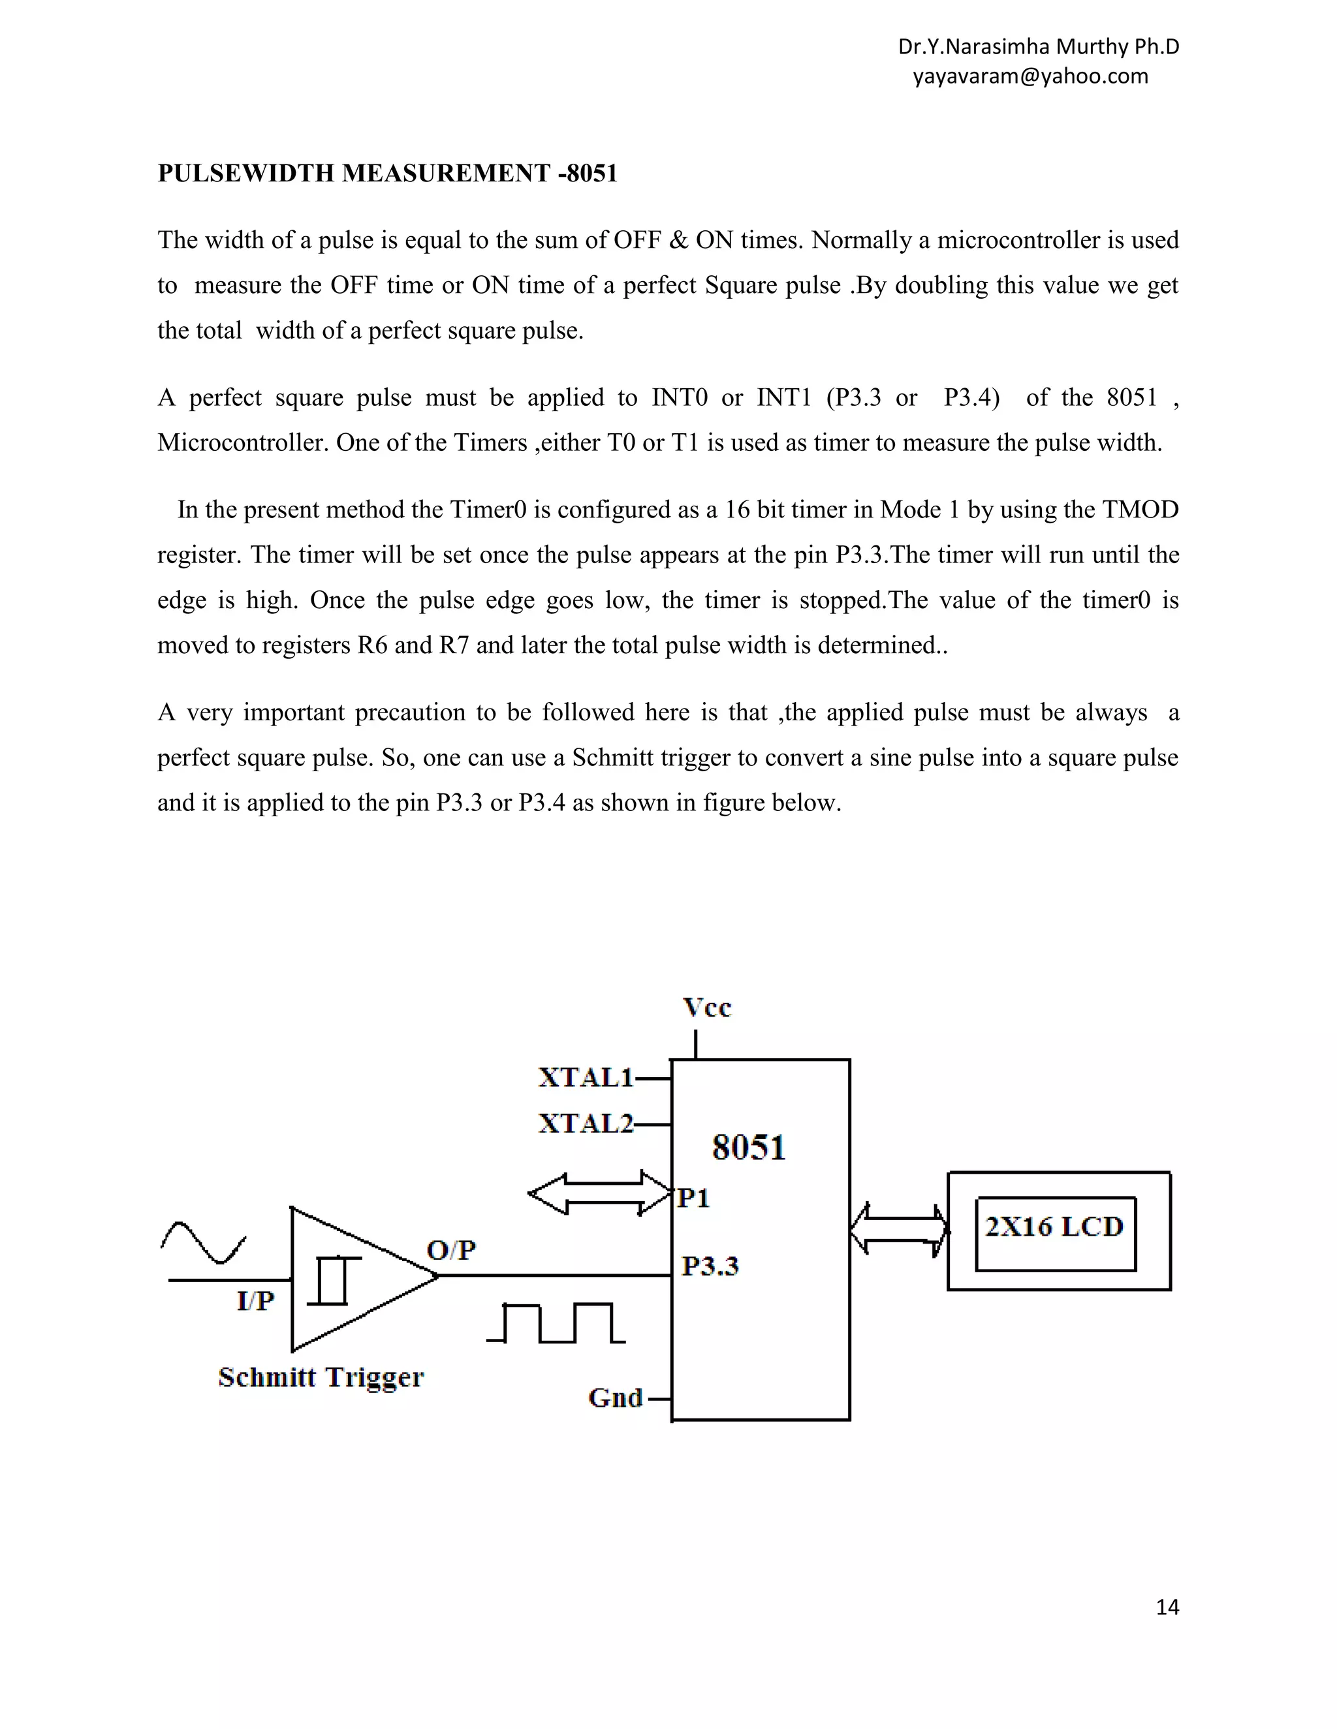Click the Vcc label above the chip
click(x=706, y=1008)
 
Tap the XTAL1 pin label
click(x=586, y=1077)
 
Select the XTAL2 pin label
click(x=586, y=1124)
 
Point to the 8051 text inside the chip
click(x=749, y=1147)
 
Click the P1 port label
click(x=694, y=1199)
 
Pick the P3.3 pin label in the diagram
click(x=710, y=1266)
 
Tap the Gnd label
click(x=616, y=1398)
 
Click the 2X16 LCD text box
click(x=1054, y=1227)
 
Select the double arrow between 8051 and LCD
click(x=899, y=1229)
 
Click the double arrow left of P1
click(x=599, y=1194)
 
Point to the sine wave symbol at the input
click(x=204, y=1242)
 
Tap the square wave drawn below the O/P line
click(x=556, y=1324)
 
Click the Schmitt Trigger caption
click(x=321, y=1377)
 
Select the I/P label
click(x=255, y=1301)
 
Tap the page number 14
click(x=1167, y=1607)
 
